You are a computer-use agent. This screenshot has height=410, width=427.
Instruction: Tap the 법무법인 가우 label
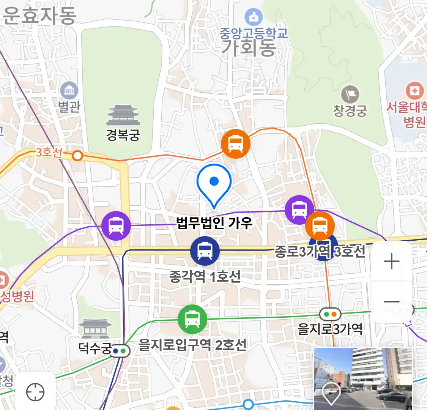click(214, 222)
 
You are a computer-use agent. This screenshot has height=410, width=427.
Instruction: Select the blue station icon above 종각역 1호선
click(205, 251)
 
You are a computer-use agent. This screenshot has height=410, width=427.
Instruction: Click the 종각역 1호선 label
click(205, 276)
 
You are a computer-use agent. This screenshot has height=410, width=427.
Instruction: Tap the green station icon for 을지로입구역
click(192, 319)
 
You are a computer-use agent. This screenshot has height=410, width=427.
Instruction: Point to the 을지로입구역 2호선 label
click(192, 345)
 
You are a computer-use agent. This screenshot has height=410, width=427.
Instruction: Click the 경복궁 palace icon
click(123, 115)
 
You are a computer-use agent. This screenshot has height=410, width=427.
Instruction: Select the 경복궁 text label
click(123, 135)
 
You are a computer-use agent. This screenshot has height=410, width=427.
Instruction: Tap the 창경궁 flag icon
click(350, 94)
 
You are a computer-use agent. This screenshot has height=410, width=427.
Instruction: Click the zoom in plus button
click(391, 262)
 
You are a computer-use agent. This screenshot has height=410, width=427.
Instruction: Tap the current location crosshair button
click(35, 392)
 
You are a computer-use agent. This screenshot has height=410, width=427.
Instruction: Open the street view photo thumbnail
click(363, 378)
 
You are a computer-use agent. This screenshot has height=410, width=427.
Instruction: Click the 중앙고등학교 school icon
click(254, 17)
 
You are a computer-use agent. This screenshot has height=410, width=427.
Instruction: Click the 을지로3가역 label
click(330, 329)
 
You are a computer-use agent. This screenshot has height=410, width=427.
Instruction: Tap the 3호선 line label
click(49, 153)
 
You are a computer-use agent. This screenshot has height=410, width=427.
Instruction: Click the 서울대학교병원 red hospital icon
click(414, 91)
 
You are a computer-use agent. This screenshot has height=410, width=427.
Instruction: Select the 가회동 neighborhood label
click(248, 49)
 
